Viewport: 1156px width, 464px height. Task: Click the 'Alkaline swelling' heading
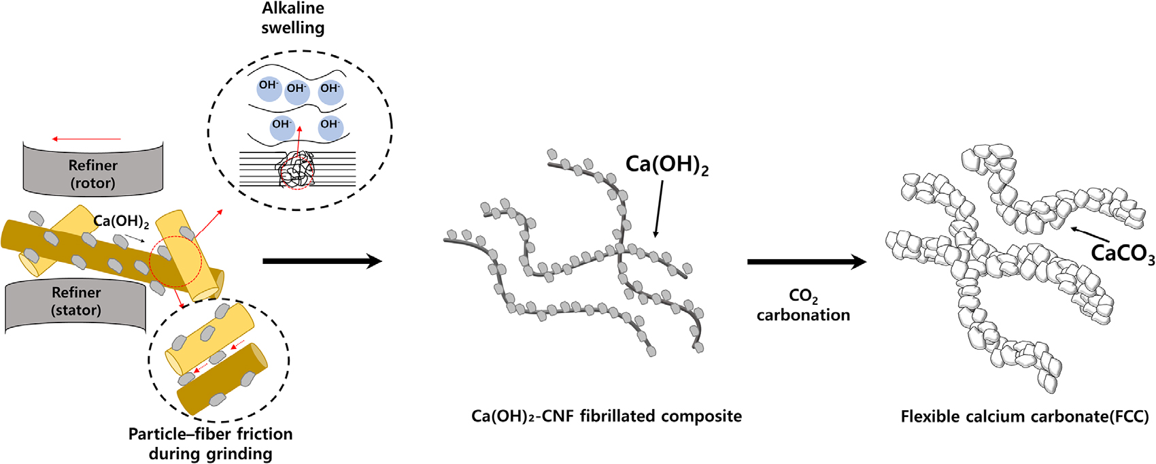click(292, 18)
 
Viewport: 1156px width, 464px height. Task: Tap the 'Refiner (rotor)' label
click(93, 174)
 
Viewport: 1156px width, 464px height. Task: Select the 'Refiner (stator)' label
click(76, 301)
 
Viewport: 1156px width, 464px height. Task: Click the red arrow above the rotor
click(86, 139)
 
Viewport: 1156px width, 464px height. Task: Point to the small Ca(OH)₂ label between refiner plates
click(121, 221)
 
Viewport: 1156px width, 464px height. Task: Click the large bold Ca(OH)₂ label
click(667, 165)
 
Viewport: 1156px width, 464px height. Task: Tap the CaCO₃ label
click(1123, 254)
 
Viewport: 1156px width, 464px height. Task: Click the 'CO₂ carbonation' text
click(803, 305)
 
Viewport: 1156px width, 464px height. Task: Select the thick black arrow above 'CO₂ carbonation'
click(807, 262)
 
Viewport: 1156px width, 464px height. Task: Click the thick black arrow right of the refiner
click(322, 261)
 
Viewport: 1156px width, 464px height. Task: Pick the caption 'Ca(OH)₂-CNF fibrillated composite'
click(607, 416)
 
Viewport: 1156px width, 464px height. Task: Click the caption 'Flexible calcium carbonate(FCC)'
click(1025, 416)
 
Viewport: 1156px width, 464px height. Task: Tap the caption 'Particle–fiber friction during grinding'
click(211, 444)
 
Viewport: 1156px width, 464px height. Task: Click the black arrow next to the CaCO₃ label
click(1089, 235)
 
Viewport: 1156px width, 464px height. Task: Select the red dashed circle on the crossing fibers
click(175, 261)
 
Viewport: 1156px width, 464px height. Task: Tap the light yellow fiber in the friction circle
click(209, 339)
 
